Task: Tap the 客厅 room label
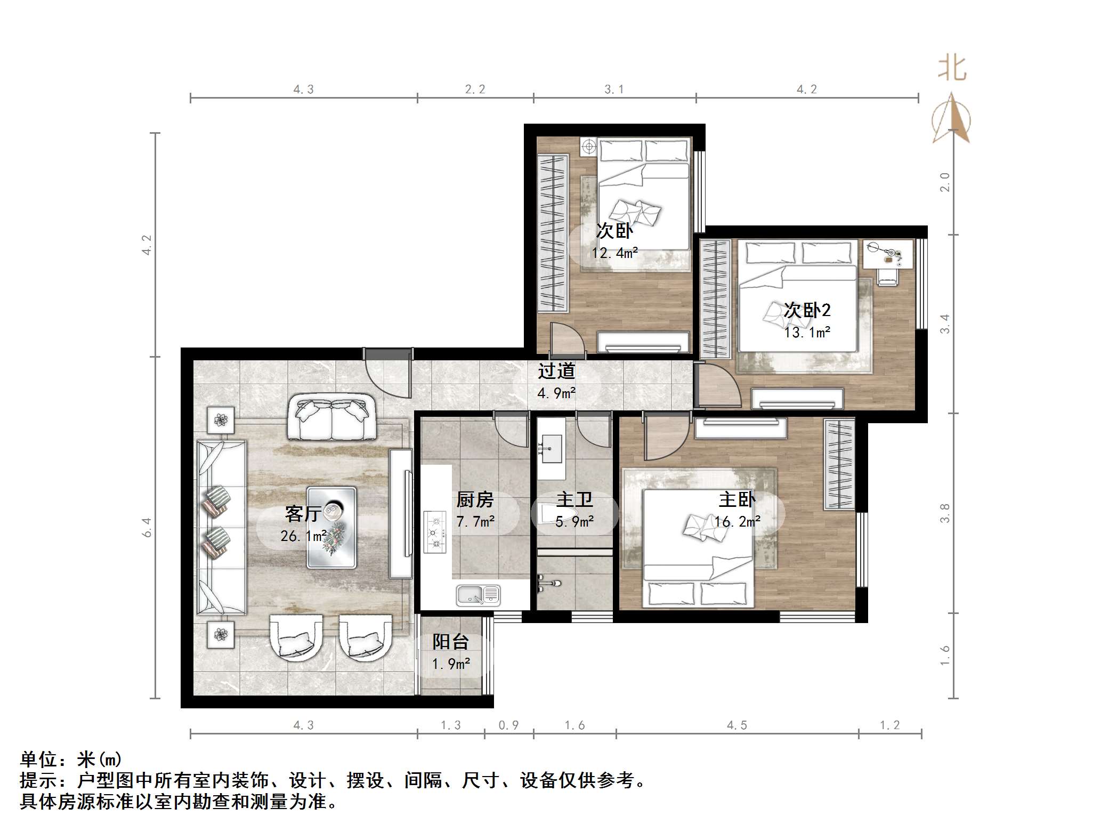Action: coord(302,513)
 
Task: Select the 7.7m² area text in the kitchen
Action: coord(475,521)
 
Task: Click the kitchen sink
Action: coord(478,595)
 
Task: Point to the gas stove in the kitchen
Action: coord(435,531)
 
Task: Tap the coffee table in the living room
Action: coord(331,527)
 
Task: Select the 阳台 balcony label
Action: coord(450,642)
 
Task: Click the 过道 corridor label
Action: coord(556,371)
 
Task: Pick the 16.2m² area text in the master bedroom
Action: coord(738,521)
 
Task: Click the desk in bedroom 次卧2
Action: coord(887,254)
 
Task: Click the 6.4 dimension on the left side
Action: coord(147,527)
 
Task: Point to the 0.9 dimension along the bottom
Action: coord(508,725)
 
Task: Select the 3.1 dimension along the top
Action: coord(614,90)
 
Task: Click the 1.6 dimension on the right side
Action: coord(944,655)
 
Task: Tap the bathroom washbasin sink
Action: coord(551,448)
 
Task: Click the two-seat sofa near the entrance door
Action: coord(331,417)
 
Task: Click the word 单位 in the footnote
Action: coord(38,759)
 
